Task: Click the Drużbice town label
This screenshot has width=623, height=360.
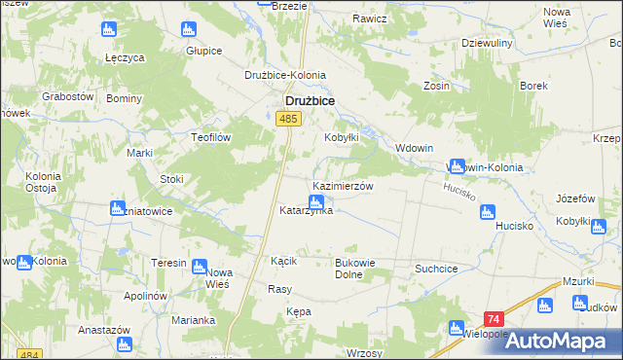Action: pyautogui.click(x=310, y=99)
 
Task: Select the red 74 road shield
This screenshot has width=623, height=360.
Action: pyautogui.click(x=494, y=320)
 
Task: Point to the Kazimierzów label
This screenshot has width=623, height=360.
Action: pyautogui.click(x=343, y=185)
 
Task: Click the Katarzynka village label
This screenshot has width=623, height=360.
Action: pyautogui.click(x=307, y=210)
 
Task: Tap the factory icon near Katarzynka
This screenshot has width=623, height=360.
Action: pyautogui.click(x=314, y=201)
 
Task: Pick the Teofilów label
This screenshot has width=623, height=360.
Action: pyautogui.click(x=209, y=138)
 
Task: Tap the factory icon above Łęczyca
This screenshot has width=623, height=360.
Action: pyautogui.click(x=108, y=29)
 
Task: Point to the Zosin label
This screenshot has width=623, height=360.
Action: pyautogui.click(x=436, y=86)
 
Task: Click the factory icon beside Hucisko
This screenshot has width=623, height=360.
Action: pyautogui.click(x=488, y=211)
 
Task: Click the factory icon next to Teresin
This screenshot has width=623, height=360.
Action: pyautogui.click(x=200, y=266)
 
